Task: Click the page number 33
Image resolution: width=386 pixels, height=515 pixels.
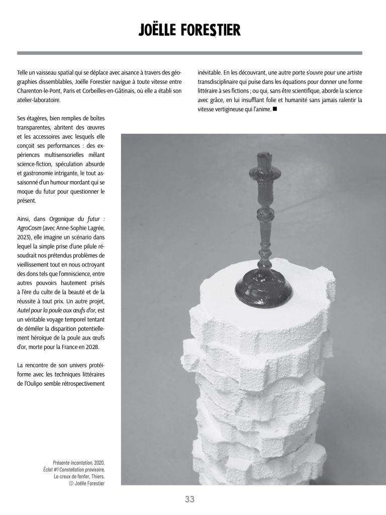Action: click(x=189, y=499)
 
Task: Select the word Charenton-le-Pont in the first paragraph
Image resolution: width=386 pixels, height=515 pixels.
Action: click(x=39, y=91)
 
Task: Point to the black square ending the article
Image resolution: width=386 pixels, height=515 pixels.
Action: click(x=275, y=109)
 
